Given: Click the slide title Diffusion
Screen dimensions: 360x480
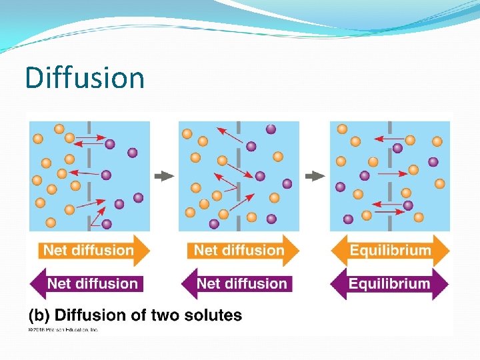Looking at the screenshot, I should click(x=85, y=77).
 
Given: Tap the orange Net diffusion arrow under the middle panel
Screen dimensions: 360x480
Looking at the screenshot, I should click(x=239, y=251).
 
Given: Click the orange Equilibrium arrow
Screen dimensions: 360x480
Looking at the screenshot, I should click(x=390, y=251).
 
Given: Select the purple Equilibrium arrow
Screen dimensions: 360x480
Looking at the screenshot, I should click(x=390, y=283).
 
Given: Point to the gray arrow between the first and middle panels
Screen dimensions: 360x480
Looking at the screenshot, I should click(x=164, y=176).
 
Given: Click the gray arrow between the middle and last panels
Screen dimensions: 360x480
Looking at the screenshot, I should click(x=315, y=176).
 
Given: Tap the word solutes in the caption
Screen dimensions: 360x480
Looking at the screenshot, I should click(x=211, y=315).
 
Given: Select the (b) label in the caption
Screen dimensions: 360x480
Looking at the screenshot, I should click(x=38, y=315).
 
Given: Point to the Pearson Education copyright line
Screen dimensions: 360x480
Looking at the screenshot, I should click(x=63, y=329).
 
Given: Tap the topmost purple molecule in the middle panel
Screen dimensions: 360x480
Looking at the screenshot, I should click(x=271, y=129).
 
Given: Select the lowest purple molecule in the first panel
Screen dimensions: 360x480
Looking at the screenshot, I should click(x=107, y=224).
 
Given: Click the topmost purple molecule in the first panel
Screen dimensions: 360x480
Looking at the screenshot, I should click(x=110, y=143).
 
